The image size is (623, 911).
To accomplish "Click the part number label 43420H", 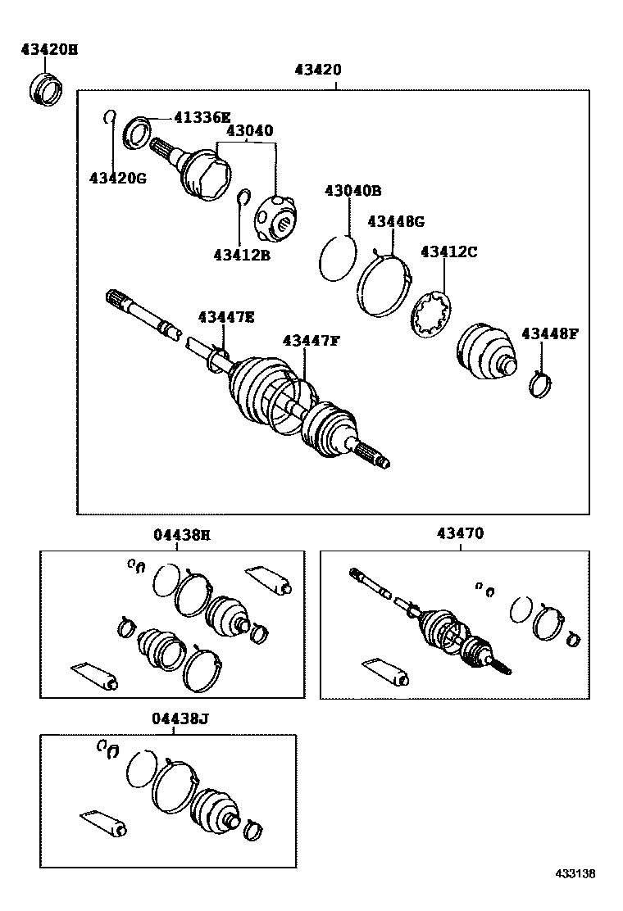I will pos(49,50).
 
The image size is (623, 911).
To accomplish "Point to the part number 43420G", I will pos(117,177).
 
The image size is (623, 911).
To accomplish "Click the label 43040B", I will pos(352,191).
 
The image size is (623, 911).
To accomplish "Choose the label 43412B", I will pos(242,255).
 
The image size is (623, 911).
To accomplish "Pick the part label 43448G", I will pos(396,221).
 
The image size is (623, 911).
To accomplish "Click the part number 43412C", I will pos(448,252).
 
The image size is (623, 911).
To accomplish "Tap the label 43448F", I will pos(550,333).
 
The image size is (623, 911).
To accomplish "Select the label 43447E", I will pos(225,317).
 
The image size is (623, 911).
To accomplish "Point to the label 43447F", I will pos(311,340).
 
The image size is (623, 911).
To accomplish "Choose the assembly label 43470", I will pos(460,533).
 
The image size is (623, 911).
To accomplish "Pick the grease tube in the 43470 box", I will pos(385,669).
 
